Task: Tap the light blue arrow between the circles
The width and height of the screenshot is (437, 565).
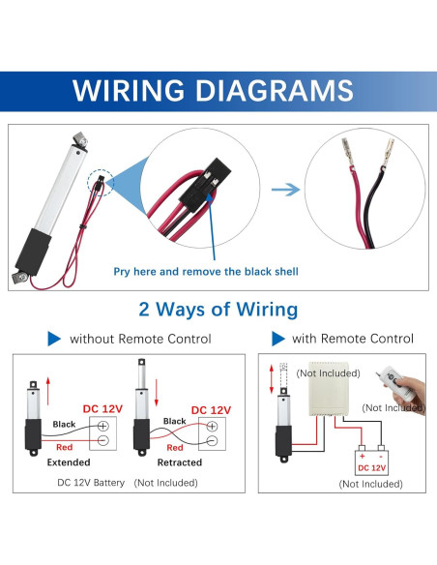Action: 284,189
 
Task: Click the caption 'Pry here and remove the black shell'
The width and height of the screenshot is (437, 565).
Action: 206,272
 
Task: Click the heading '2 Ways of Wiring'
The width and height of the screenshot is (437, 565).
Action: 218,310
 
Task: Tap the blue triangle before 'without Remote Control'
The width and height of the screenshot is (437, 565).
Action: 53,339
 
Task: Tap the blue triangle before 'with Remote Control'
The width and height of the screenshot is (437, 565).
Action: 278,339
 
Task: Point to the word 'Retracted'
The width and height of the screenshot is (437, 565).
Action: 179,462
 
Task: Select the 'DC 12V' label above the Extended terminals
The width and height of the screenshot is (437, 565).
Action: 102,409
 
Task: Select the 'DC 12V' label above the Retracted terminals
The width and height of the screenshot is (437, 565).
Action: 211,410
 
